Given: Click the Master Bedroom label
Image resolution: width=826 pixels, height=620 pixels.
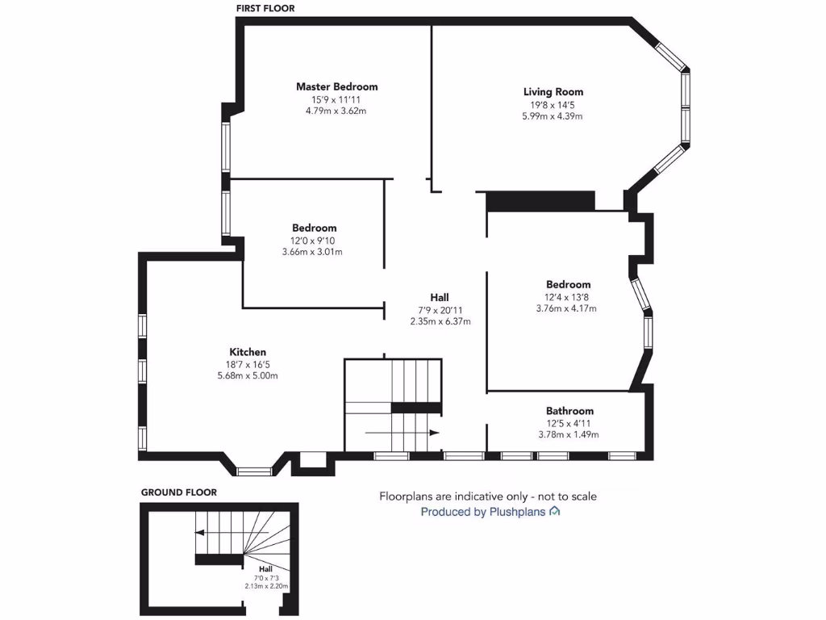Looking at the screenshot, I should (336, 86).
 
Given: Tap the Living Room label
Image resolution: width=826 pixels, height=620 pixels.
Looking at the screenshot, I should (553, 92).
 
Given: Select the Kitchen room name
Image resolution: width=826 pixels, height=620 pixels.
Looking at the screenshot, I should (248, 352).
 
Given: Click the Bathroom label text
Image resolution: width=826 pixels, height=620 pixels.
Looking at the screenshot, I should (569, 411).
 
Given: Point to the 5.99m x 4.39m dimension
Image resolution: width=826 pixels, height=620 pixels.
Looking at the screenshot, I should (553, 116).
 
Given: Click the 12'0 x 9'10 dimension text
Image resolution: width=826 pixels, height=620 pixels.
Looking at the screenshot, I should (314, 241).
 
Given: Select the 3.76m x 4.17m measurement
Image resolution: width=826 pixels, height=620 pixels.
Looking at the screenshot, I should (568, 308).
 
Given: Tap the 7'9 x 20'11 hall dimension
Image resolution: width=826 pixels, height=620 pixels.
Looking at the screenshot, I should (440, 310).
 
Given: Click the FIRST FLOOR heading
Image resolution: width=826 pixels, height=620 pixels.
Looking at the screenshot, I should (265, 9).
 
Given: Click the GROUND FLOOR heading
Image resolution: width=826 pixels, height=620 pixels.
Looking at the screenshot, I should (179, 492).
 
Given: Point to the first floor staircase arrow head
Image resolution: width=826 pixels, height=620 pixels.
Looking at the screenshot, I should (435, 433).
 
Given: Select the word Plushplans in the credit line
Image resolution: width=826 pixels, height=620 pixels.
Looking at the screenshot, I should (518, 512).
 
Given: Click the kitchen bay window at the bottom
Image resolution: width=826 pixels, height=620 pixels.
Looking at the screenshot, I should (255, 470).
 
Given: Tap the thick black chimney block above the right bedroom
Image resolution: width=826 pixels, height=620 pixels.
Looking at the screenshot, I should (540, 201).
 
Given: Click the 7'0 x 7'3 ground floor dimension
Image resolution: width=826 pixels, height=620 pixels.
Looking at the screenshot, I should (266, 578).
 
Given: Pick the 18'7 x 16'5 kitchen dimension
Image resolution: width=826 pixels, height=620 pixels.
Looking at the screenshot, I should (248, 364).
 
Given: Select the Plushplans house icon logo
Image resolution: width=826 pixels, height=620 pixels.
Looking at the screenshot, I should (555, 512).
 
